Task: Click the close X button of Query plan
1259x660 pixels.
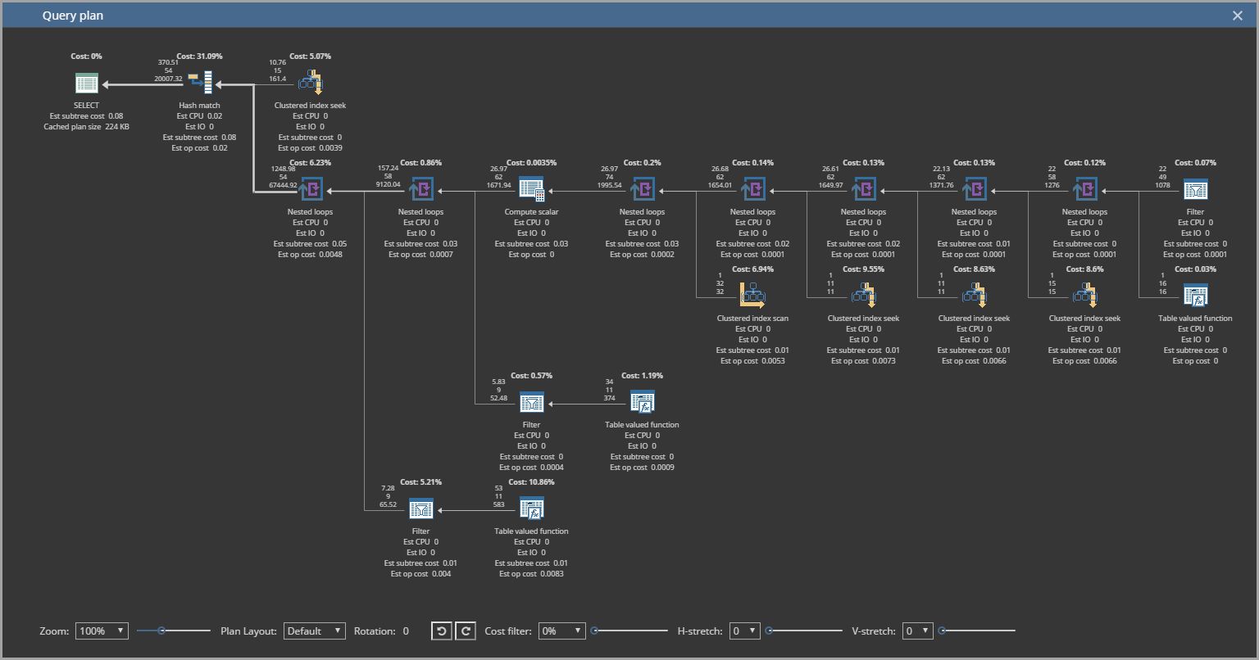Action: [1238, 16]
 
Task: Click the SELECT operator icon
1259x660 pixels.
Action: [86, 83]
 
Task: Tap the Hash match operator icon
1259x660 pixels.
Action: [200, 83]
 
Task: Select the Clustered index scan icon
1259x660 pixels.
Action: [752, 295]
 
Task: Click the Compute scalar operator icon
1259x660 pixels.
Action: [531, 189]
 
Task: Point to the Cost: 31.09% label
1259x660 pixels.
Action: [199, 57]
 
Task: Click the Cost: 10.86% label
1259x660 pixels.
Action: [531, 482]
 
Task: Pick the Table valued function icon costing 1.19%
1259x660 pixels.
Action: [642, 402]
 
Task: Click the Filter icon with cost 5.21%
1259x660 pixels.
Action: [420, 509]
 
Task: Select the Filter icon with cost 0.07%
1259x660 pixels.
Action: [1195, 189]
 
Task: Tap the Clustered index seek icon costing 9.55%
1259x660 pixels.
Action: [863, 295]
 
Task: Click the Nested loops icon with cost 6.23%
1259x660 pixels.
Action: [311, 189]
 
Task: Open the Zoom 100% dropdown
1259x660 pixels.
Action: [102, 631]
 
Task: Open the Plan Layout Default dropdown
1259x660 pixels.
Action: [315, 631]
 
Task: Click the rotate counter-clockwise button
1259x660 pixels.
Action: [441, 631]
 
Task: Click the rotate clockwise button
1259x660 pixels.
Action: [465, 631]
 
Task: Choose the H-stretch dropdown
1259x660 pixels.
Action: [744, 631]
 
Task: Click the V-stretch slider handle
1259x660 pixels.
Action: [942, 631]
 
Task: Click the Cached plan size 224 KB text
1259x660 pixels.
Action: [86, 127]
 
